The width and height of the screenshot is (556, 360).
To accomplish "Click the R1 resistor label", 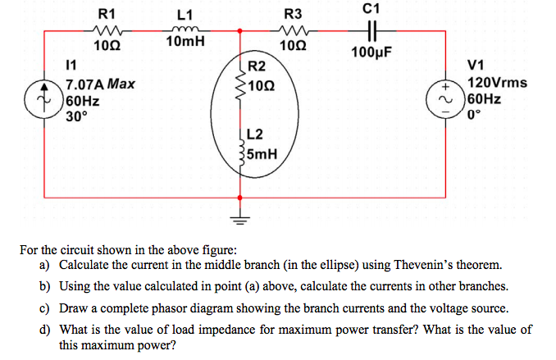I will [x=107, y=13].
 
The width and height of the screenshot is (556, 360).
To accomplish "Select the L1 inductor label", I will [x=185, y=14].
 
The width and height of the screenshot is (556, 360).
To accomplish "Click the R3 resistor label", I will [x=293, y=14].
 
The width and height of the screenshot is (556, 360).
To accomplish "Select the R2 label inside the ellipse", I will [x=257, y=66].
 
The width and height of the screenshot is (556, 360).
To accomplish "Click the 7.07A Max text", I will [x=100, y=84].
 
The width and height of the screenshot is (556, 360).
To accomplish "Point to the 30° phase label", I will [x=75, y=115].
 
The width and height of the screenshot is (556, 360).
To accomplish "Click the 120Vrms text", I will [x=497, y=83].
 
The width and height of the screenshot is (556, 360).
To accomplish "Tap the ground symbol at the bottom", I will [x=239, y=218].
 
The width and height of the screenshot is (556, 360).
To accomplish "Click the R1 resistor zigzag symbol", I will [x=107, y=32].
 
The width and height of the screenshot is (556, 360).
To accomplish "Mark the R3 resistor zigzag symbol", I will [x=293, y=32].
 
